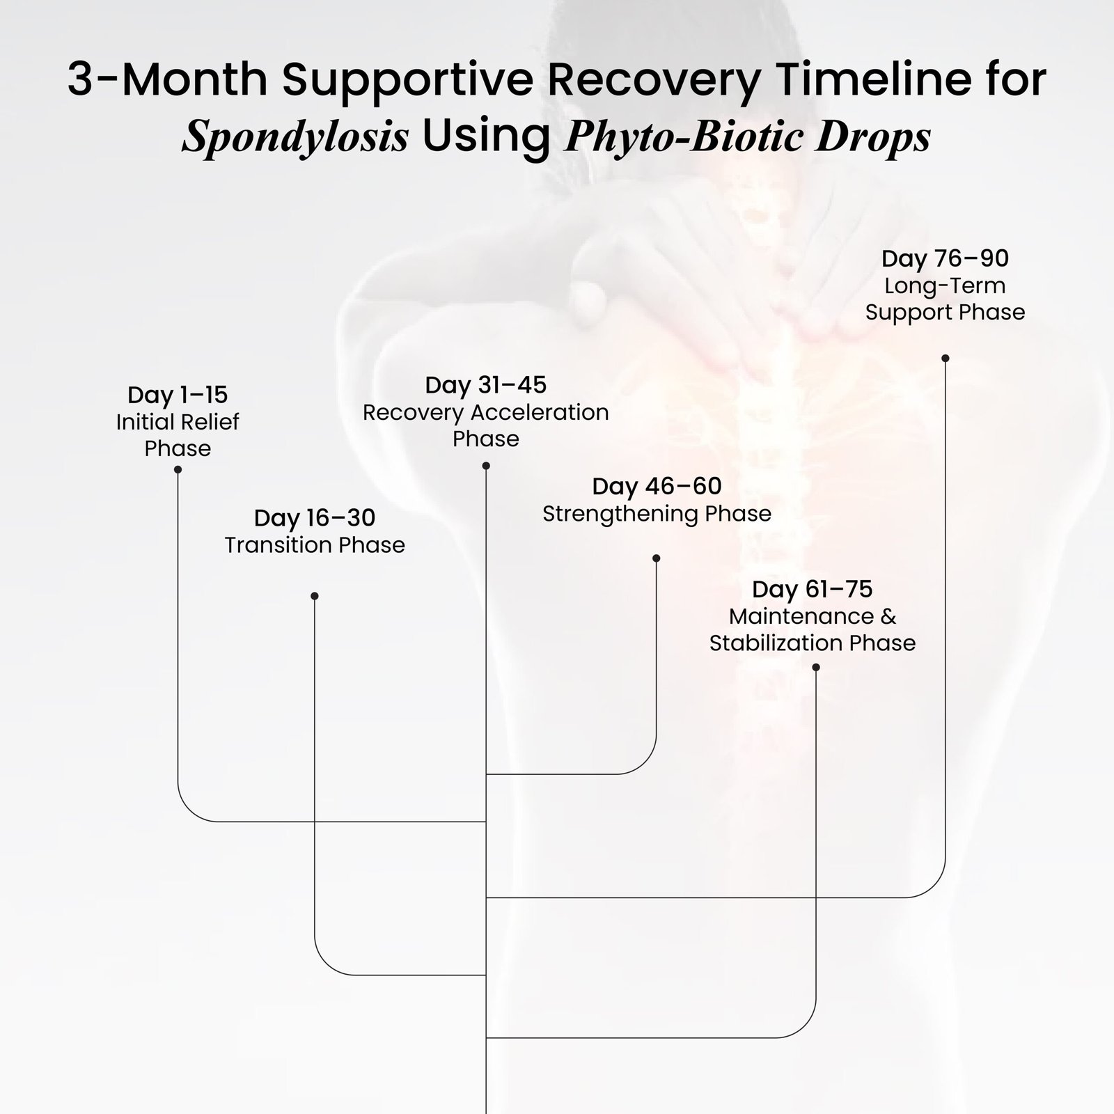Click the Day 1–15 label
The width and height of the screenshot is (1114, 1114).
tap(178, 395)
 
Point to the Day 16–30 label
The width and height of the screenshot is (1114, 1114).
tap(315, 518)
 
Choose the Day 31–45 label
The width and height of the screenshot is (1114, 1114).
tap(486, 385)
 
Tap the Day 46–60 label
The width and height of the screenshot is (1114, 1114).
tap(657, 486)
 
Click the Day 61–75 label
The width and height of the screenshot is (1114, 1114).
tap(812, 589)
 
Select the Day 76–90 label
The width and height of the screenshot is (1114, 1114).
tap(945, 258)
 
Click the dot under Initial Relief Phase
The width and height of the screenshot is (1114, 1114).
tap(178, 470)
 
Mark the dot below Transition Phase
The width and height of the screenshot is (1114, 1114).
tap(315, 596)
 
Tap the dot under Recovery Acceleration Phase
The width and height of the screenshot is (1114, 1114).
tap(486, 466)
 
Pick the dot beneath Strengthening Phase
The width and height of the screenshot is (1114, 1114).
tap(656, 558)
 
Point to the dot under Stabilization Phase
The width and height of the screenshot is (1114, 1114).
tap(816, 668)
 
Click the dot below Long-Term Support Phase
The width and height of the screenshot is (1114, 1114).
tap(945, 359)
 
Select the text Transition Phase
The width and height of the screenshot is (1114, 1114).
tap(315, 544)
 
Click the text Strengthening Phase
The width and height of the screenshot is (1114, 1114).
tap(657, 514)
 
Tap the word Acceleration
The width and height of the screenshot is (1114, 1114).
tap(539, 412)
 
